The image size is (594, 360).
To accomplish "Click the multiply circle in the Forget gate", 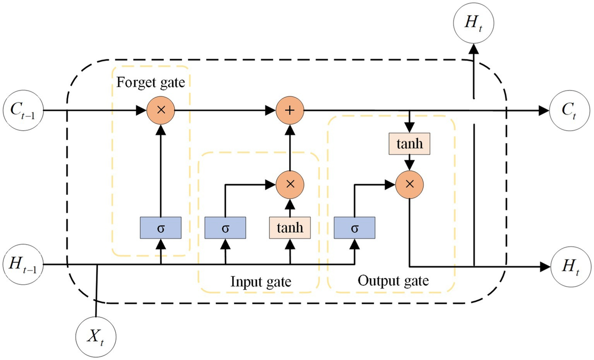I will [161, 109].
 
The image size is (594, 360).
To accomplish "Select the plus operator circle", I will [290, 109].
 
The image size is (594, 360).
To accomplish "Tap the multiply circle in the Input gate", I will [290, 184].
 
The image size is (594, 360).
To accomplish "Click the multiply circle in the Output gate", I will [410, 184].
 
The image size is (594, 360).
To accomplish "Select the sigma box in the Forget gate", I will [161, 228].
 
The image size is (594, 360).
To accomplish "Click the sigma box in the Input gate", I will [226, 228].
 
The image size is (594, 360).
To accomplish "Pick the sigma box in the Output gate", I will [354, 228].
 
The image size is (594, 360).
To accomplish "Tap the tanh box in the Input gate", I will [290, 228].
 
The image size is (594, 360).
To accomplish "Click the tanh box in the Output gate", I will [410, 144].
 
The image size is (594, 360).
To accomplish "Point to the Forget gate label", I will [151, 82].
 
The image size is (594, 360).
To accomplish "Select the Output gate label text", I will [393, 280].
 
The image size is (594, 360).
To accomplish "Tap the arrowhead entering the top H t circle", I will [474, 49].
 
